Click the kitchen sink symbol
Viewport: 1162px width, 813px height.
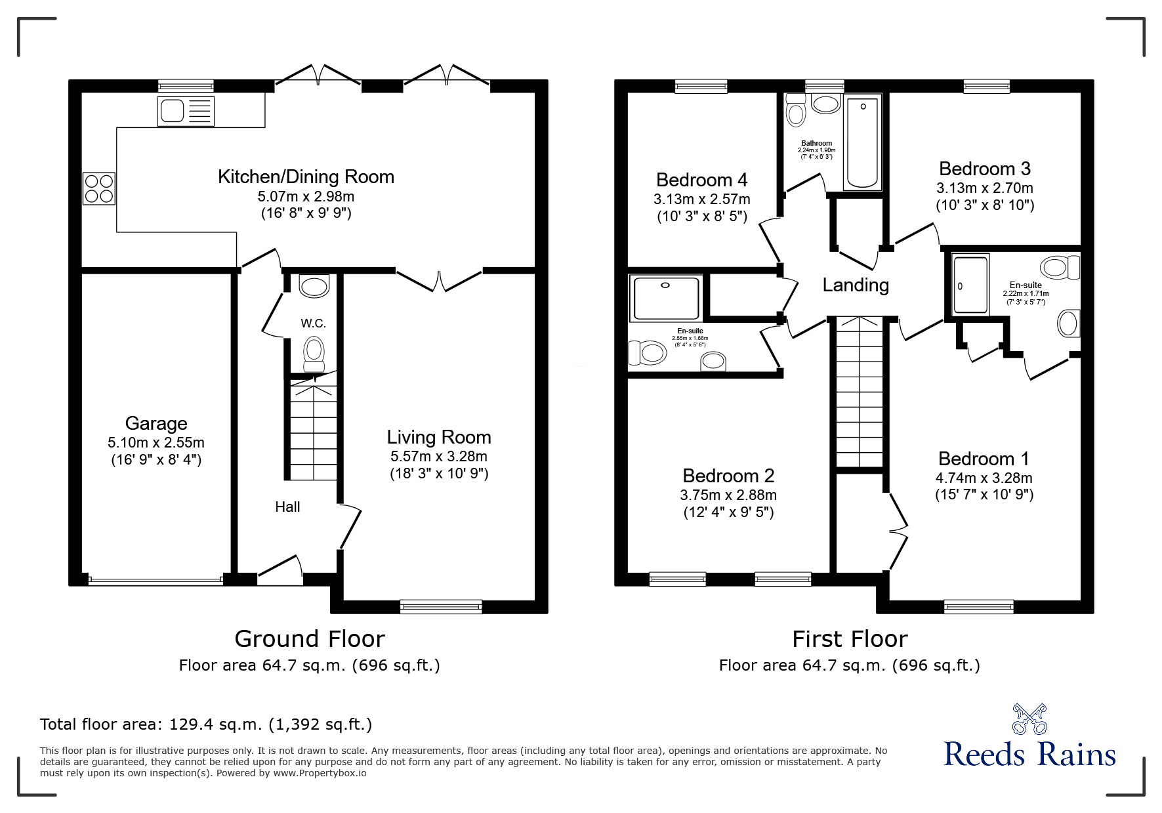[186, 111]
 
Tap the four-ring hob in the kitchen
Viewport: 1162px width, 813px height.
[99, 188]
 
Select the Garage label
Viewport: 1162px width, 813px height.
[156, 423]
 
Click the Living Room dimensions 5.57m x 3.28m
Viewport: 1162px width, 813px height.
[438, 456]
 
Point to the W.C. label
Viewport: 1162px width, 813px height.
[313, 323]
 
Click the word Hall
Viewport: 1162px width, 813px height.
[287, 507]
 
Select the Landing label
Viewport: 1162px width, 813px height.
[856, 285]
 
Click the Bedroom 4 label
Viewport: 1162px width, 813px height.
[701, 180]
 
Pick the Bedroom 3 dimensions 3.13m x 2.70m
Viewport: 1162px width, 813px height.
[984, 188]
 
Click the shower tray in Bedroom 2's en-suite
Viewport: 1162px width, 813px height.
[666, 299]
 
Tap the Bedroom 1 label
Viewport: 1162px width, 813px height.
[984, 459]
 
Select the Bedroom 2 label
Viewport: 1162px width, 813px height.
[728, 476]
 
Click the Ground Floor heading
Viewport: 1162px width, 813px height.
[309, 638]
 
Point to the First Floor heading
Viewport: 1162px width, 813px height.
[849, 638]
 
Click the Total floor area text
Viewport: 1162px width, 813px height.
[206, 724]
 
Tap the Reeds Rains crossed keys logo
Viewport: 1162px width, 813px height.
[1029, 719]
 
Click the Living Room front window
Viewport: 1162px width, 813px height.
[441, 606]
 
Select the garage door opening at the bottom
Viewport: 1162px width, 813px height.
[156, 579]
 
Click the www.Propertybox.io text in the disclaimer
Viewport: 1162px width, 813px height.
[320, 773]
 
